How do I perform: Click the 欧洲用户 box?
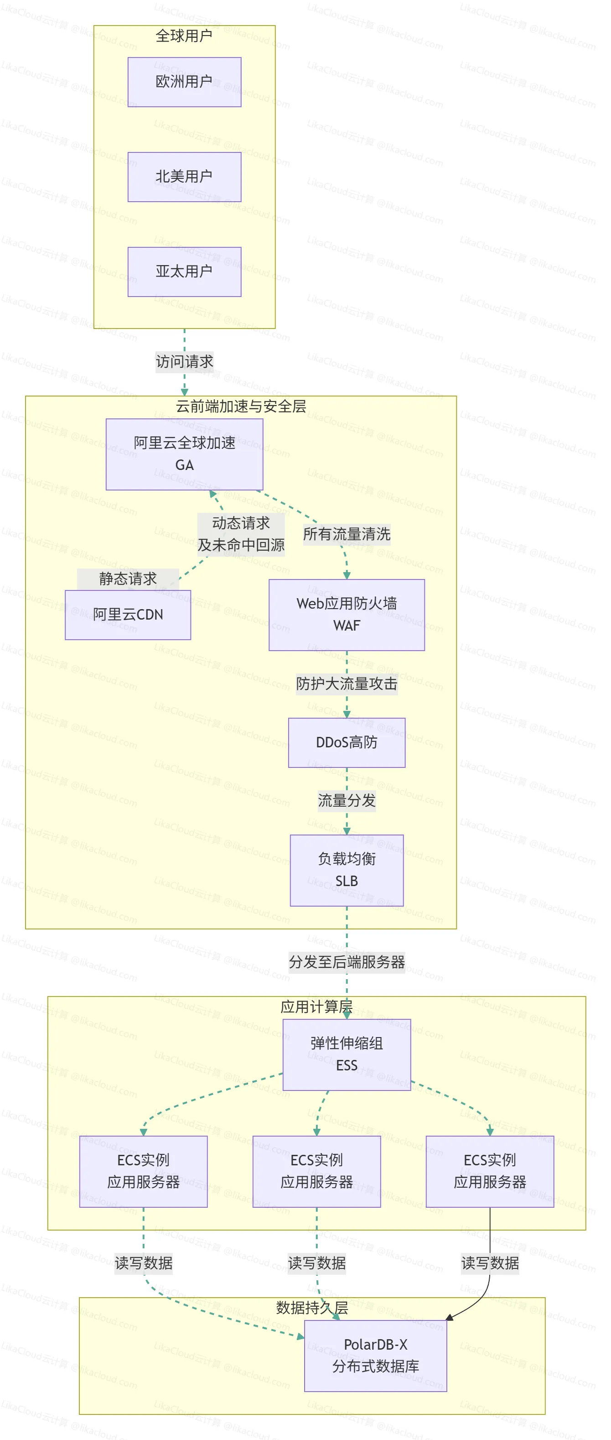pos(184,82)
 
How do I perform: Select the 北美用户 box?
pos(184,177)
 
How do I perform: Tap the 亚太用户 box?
pos(184,271)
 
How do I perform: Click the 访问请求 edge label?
pos(184,362)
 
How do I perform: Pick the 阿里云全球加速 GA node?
pos(184,454)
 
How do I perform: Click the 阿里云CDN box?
pos(128,615)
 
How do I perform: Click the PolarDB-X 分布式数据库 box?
pos(375,1355)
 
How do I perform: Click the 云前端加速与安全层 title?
pos(241,407)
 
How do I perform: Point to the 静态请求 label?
pos(128,579)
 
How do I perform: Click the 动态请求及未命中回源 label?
pos(241,534)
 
